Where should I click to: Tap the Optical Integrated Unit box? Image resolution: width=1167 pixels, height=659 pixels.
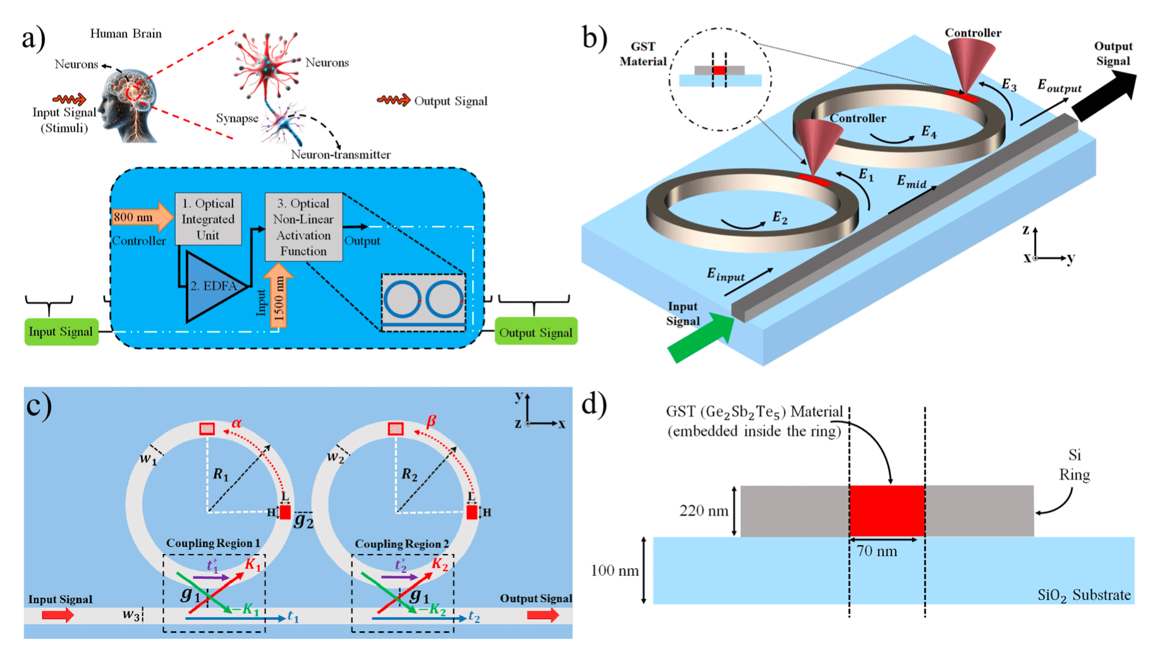coord(208,219)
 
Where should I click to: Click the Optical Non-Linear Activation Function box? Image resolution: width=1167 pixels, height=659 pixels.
coord(303,227)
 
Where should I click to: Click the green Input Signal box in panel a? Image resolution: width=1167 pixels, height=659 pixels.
coord(61,331)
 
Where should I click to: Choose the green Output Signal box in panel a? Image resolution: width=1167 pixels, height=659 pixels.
coord(535,332)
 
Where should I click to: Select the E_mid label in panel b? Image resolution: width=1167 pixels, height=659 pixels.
coord(912,182)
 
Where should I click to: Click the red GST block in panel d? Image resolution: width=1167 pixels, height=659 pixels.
coord(887,511)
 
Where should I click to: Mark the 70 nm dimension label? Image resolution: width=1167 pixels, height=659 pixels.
coord(877,551)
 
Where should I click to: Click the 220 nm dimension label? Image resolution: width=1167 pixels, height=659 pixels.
coord(704,511)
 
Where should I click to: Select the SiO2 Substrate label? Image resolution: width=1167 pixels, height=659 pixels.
coord(1084,595)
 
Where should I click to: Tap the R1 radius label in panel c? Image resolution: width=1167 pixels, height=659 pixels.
coord(221,474)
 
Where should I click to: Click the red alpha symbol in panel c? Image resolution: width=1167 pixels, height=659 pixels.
coord(236,422)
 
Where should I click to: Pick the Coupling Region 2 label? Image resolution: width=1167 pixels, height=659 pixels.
coord(401,544)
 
